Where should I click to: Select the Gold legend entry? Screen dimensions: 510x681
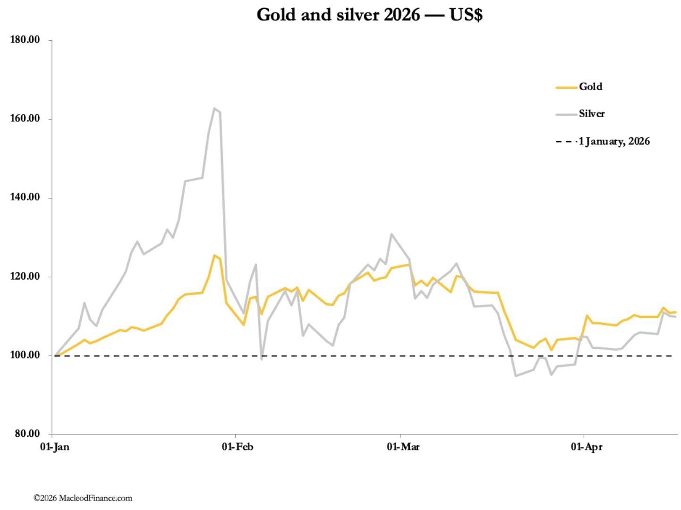pyautogui.click(x=590, y=87)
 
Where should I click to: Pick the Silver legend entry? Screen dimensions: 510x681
pyautogui.click(x=591, y=114)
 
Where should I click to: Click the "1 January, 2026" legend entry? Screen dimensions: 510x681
pyautogui.click(x=614, y=141)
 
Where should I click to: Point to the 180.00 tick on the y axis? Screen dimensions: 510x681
pyautogui.click(x=25, y=40)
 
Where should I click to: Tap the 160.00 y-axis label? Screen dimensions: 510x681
pyautogui.click(x=25, y=119)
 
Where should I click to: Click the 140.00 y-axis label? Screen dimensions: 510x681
pyautogui.click(x=25, y=197)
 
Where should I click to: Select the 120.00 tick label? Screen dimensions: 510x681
pyautogui.click(x=25, y=276)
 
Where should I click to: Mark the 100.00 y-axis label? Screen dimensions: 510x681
pyautogui.click(x=25, y=355)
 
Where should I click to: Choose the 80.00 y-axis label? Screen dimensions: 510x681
pyautogui.click(x=26, y=433)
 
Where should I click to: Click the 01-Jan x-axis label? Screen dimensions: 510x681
pyautogui.click(x=54, y=447)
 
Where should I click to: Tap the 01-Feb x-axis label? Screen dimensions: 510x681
pyautogui.click(x=237, y=447)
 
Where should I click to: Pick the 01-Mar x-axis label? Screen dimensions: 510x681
pyautogui.click(x=403, y=447)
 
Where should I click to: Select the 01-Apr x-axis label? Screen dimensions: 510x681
pyautogui.click(x=586, y=447)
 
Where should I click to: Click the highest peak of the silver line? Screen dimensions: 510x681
pyautogui.click(x=214, y=109)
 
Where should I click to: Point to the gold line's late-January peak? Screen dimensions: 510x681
pyautogui.click(x=214, y=255)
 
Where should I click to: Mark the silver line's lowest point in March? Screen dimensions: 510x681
pyautogui.click(x=516, y=376)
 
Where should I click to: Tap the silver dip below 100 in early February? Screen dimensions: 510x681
pyautogui.click(x=262, y=359)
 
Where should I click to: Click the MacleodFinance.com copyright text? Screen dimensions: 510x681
pyautogui.click(x=83, y=498)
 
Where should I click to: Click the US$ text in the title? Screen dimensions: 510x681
pyautogui.click(x=466, y=15)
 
